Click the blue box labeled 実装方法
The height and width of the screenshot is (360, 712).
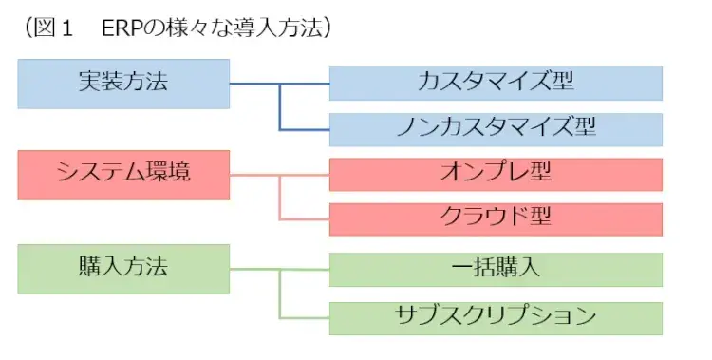(123, 84)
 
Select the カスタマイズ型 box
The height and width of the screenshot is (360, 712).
(496, 82)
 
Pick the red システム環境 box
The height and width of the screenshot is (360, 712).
(123, 175)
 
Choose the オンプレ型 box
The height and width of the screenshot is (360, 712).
(496, 174)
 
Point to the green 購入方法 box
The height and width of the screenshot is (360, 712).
(123, 268)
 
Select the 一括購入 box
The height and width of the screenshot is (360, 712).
(496, 268)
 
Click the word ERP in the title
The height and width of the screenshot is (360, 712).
(119, 28)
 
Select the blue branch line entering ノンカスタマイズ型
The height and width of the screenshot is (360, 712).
(304, 128)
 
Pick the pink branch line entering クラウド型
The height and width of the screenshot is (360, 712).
(304, 219)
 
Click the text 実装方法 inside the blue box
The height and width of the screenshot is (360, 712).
(123, 82)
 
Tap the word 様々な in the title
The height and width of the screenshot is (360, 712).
(181, 28)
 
